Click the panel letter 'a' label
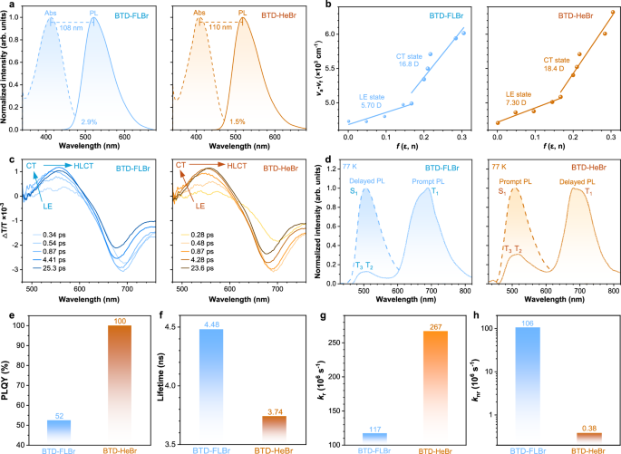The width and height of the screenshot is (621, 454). click(6, 7)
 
